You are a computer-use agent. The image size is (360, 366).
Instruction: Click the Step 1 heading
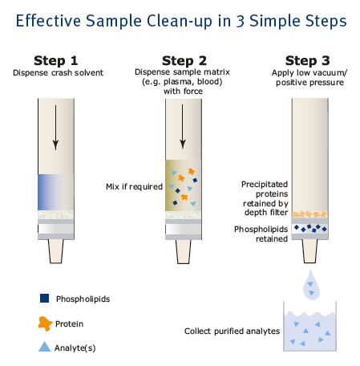[x=55, y=61]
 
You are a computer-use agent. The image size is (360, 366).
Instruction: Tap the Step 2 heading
[x=184, y=61]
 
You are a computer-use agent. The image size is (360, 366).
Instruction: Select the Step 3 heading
[x=307, y=61]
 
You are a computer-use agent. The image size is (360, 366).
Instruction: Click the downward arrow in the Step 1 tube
[x=55, y=128]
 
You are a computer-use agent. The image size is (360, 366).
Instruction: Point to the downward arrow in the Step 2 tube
[x=183, y=126]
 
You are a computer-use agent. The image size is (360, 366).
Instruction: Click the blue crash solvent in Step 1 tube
[x=55, y=192]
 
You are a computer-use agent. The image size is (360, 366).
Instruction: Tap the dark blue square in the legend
[x=44, y=298]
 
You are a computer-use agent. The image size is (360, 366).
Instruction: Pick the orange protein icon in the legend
[x=45, y=323]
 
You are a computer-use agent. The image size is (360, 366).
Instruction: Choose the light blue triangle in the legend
[x=44, y=347]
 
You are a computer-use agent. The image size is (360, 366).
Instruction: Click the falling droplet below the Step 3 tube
[x=311, y=285]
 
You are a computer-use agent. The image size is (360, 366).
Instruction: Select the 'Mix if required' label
[x=134, y=186]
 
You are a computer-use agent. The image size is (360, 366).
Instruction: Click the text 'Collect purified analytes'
[x=232, y=331]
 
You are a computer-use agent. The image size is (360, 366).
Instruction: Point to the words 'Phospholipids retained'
[x=261, y=234]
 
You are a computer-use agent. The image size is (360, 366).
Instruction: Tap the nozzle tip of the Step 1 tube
[x=56, y=262]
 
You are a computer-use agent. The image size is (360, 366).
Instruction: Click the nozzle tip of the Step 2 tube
[x=184, y=262]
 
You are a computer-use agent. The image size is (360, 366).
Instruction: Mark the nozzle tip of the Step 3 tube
[x=309, y=261]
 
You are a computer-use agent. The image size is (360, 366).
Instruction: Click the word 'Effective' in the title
[x=48, y=21]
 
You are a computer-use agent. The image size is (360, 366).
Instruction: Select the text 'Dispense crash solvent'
[x=58, y=73]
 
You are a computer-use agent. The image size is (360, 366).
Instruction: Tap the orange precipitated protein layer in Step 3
[x=309, y=214]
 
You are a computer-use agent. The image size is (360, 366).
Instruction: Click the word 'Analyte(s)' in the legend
[x=75, y=348]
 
